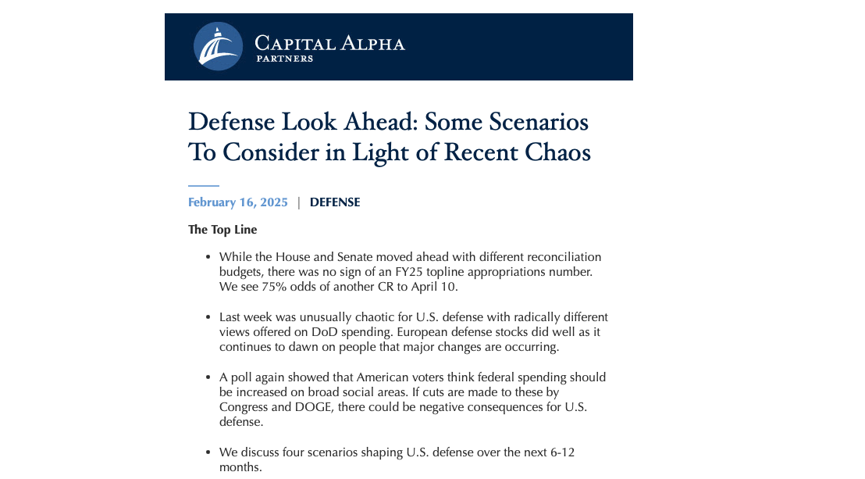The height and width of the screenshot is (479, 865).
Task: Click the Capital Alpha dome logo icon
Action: pyautogui.click(x=218, y=47)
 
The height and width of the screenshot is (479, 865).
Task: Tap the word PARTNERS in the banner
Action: pyautogui.click(x=284, y=59)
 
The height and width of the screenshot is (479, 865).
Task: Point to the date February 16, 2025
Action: pyautogui.click(x=238, y=202)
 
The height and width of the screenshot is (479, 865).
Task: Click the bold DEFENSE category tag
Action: pyautogui.click(x=335, y=202)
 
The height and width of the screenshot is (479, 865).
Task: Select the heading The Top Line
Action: pyautogui.click(x=222, y=230)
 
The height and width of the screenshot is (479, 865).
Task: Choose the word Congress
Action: pyautogui.click(x=244, y=406)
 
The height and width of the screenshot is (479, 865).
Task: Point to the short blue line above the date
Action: pyautogui.click(x=203, y=186)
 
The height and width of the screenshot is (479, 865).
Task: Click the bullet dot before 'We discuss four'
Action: pyautogui.click(x=208, y=452)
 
